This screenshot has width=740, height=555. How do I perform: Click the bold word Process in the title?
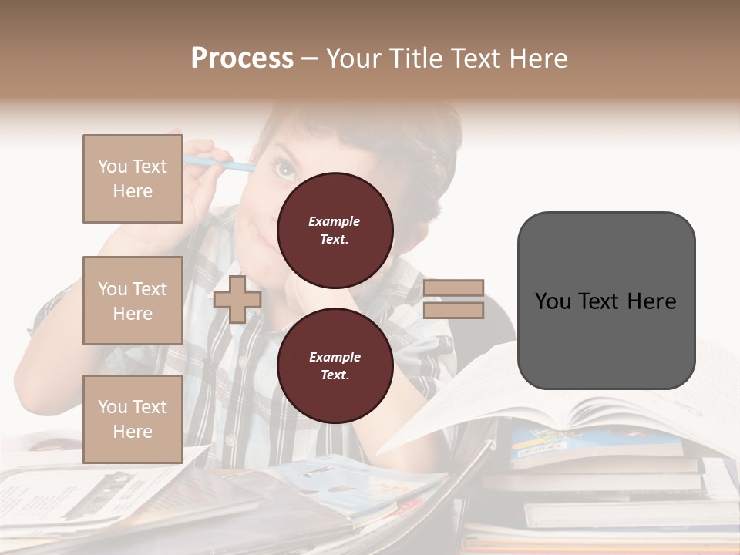pos(242,59)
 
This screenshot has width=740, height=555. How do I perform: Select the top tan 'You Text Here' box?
pos(133,179)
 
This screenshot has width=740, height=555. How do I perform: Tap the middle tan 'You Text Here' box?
pos(133,301)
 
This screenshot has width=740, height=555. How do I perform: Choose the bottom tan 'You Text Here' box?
pos(133,419)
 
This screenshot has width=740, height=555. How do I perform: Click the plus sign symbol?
pos(237,299)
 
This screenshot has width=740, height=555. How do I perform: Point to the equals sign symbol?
pos(453,299)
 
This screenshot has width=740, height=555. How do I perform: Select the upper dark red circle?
pos(335,230)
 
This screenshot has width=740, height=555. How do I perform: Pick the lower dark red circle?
pos(335,365)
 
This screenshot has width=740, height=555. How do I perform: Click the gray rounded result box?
pos(606,301)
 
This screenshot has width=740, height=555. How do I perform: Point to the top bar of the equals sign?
pos(453,288)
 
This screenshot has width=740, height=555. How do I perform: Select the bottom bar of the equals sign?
pos(453,311)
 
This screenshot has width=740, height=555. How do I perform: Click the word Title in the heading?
pos(415,59)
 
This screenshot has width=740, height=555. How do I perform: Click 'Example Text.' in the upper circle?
pos(335,230)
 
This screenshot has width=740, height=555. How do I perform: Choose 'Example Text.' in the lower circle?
pos(335,365)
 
